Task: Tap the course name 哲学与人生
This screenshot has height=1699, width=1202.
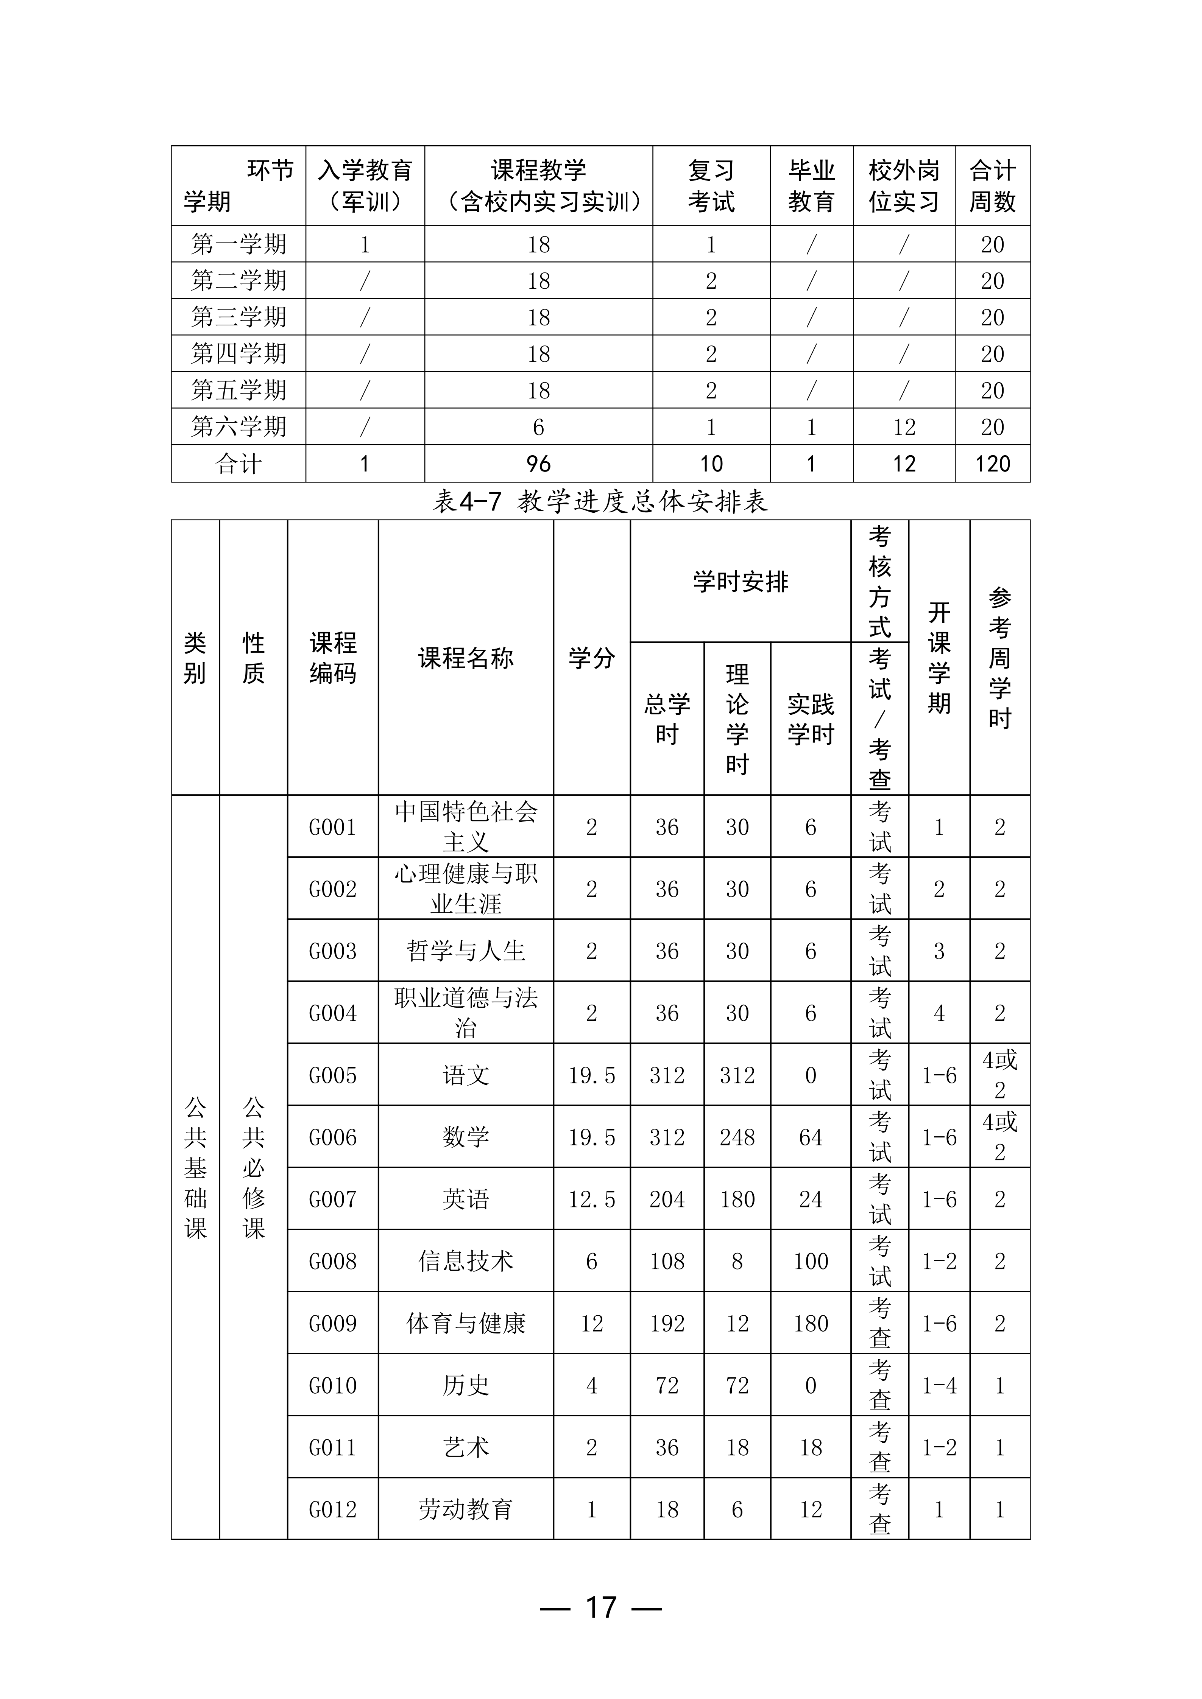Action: (466, 951)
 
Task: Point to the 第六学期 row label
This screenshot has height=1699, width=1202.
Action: (239, 427)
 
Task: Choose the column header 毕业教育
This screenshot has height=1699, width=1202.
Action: (811, 186)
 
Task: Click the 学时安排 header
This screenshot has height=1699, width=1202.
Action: (740, 582)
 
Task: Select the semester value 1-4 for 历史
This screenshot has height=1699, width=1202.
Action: (939, 1385)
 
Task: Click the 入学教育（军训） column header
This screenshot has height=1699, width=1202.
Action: (365, 186)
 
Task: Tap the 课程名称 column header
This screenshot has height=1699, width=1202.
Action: (466, 658)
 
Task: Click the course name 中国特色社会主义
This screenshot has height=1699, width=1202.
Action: (466, 826)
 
